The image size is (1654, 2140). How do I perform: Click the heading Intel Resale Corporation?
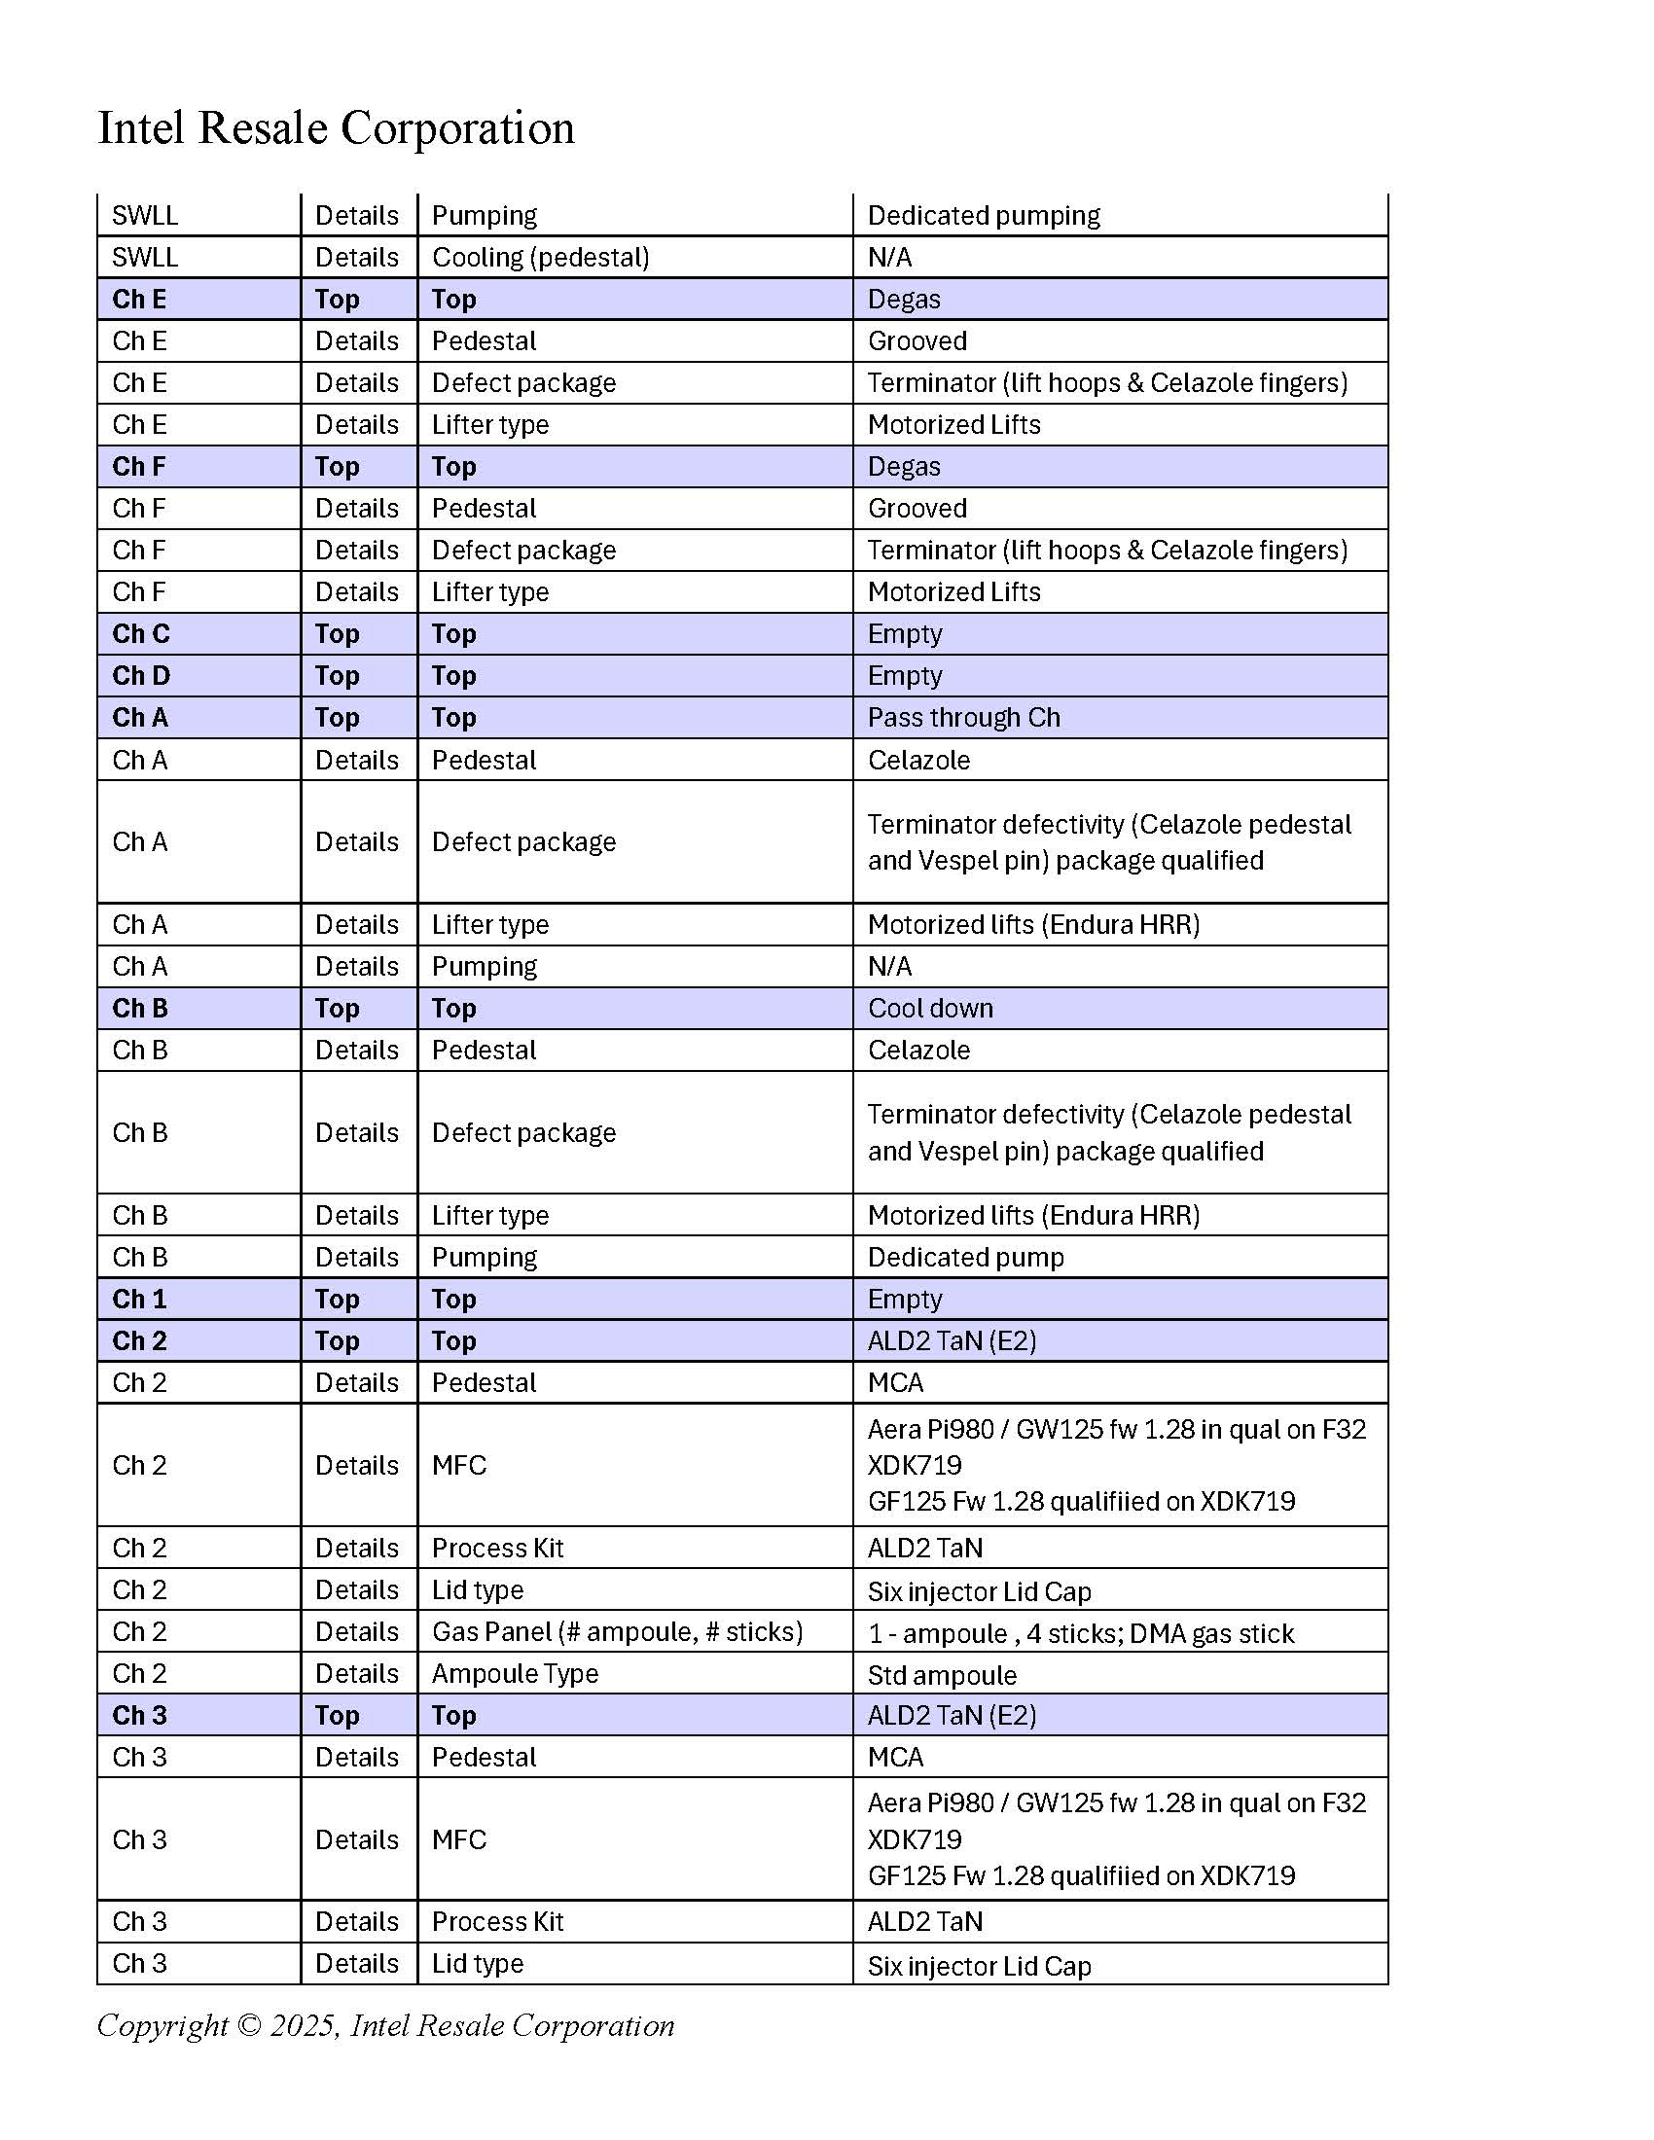[335, 128]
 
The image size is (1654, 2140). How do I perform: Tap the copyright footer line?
[385, 2024]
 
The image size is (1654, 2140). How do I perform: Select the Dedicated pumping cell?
[983, 216]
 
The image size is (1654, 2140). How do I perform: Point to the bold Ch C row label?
[140, 634]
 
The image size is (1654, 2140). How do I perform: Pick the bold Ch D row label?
[140, 676]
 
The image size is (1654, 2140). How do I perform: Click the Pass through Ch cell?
[963, 718]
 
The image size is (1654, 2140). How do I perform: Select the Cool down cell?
[930, 1009]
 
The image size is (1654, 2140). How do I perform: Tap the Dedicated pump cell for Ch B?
[965, 1257]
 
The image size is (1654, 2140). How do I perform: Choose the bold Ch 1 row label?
[139, 1300]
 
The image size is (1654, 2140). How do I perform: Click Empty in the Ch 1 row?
[905, 1300]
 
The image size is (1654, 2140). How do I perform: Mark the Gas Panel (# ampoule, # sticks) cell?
[616, 1631]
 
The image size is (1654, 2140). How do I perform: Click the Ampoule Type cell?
[515, 1674]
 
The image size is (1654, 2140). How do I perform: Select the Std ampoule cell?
[942, 1676]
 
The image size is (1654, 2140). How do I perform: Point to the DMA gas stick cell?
[1080, 1633]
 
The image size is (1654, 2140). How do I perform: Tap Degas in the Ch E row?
[904, 300]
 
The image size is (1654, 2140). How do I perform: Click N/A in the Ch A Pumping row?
[889, 967]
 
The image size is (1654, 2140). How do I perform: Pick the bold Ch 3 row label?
[139, 1715]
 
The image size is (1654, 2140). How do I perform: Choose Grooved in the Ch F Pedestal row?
[917, 509]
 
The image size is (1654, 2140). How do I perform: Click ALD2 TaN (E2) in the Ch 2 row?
[952, 1340]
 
